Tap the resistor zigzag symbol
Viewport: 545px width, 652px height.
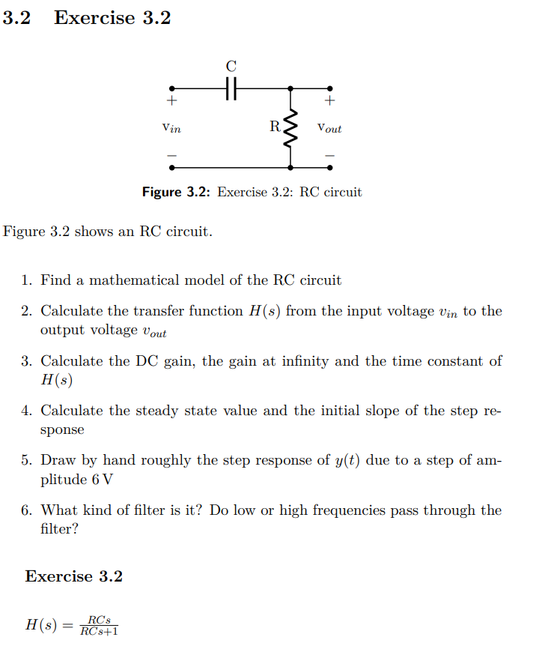tap(291, 128)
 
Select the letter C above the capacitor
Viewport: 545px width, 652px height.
tap(231, 66)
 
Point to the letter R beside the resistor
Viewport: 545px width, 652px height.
tap(275, 126)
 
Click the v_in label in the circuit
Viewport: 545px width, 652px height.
tap(171, 128)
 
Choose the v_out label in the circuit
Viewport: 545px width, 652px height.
tap(329, 128)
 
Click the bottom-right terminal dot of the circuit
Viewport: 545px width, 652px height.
tap(330, 168)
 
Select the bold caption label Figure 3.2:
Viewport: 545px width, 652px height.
tap(177, 193)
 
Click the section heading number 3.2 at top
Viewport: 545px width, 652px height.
tap(16, 18)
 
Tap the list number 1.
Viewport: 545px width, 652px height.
tap(26, 281)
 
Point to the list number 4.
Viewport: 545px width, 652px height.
tap(26, 411)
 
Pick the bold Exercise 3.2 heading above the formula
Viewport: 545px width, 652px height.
tap(73, 576)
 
